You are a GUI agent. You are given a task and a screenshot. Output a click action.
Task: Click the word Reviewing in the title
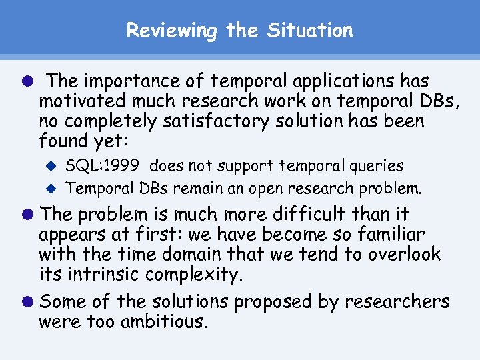(x=172, y=31)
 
